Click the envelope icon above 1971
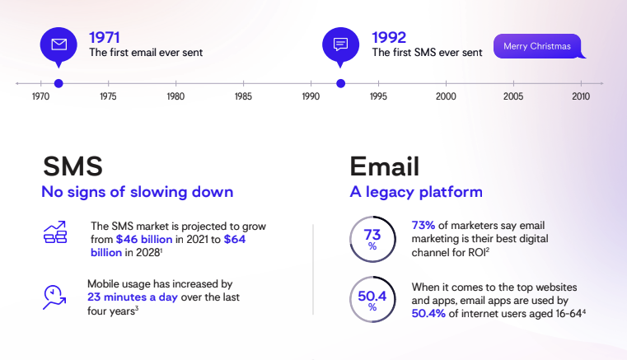coord(58,44)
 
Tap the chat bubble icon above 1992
coord(340,44)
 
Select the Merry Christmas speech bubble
coord(538,46)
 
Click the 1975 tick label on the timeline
coord(108,96)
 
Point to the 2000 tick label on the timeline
coord(446,96)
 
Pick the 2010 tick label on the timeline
coord(581,96)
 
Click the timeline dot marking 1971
coord(58,82)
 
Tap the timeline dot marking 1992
coord(340,82)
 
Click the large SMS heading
coord(73,166)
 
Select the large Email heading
coord(385,166)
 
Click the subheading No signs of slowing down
coord(138,193)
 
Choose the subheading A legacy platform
coord(416,193)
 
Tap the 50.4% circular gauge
coord(372,300)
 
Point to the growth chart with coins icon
coord(55,233)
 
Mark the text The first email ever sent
coord(146,53)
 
